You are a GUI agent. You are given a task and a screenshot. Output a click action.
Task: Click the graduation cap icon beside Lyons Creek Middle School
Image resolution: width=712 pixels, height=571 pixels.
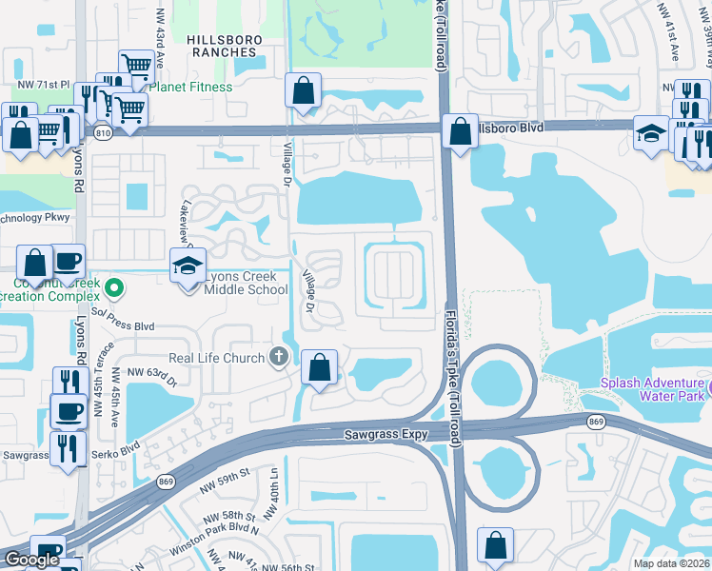point(188,266)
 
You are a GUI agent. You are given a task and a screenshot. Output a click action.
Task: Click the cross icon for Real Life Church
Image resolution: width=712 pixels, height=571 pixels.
point(279,358)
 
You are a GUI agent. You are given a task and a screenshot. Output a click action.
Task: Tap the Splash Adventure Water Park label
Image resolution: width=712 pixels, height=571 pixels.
point(651,390)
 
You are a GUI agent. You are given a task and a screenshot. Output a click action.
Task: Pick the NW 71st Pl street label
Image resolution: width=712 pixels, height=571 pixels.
point(49,86)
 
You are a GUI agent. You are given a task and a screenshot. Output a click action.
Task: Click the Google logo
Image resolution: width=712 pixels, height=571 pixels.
point(31,560)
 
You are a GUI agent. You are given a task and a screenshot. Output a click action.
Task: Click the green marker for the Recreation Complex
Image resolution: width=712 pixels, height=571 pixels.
point(115,285)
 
